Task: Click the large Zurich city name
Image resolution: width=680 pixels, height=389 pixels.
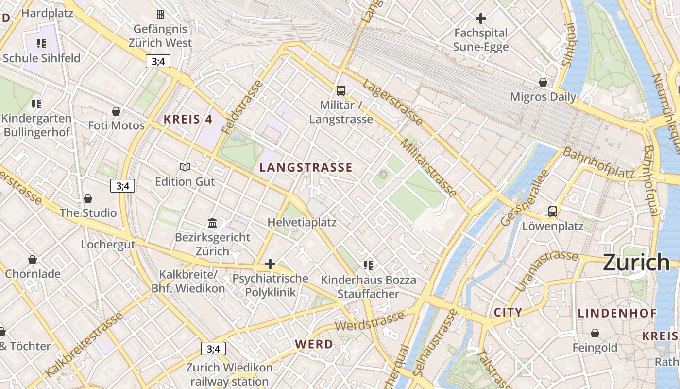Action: tap(636, 263)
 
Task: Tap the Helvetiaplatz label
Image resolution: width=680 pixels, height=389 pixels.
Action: tap(302, 222)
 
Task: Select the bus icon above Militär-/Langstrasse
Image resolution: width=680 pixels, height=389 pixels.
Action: tap(341, 90)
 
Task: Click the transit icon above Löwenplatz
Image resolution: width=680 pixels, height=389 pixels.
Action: tap(553, 211)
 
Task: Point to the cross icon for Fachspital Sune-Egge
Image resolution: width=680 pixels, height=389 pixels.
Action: tap(481, 18)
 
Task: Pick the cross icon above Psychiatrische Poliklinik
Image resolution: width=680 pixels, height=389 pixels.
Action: tap(270, 265)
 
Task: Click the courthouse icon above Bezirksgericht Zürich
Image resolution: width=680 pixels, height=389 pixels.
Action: tap(212, 223)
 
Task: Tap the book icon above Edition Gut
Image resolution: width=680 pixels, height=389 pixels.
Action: tap(185, 167)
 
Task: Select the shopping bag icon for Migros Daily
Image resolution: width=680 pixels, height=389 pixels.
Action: tap(543, 82)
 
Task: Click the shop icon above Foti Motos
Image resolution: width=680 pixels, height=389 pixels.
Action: tap(116, 111)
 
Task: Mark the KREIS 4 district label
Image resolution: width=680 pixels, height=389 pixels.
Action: tap(188, 119)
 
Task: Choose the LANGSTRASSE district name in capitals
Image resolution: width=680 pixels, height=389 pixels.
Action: tap(306, 168)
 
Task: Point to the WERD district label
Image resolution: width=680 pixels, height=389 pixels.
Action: tap(314, 344)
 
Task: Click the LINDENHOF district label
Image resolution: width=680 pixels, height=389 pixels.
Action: tap(617, 313)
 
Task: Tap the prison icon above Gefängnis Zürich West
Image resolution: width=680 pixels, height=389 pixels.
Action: tap(160, 15)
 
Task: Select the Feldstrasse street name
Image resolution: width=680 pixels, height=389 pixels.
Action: tap(241, 107)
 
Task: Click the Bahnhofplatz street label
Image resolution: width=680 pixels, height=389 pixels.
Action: tap(598, 163)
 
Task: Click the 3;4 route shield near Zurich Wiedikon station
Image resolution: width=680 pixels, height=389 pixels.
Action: tap(213, 349)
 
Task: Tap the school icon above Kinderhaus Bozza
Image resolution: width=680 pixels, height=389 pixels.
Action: tap(368, 265)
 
